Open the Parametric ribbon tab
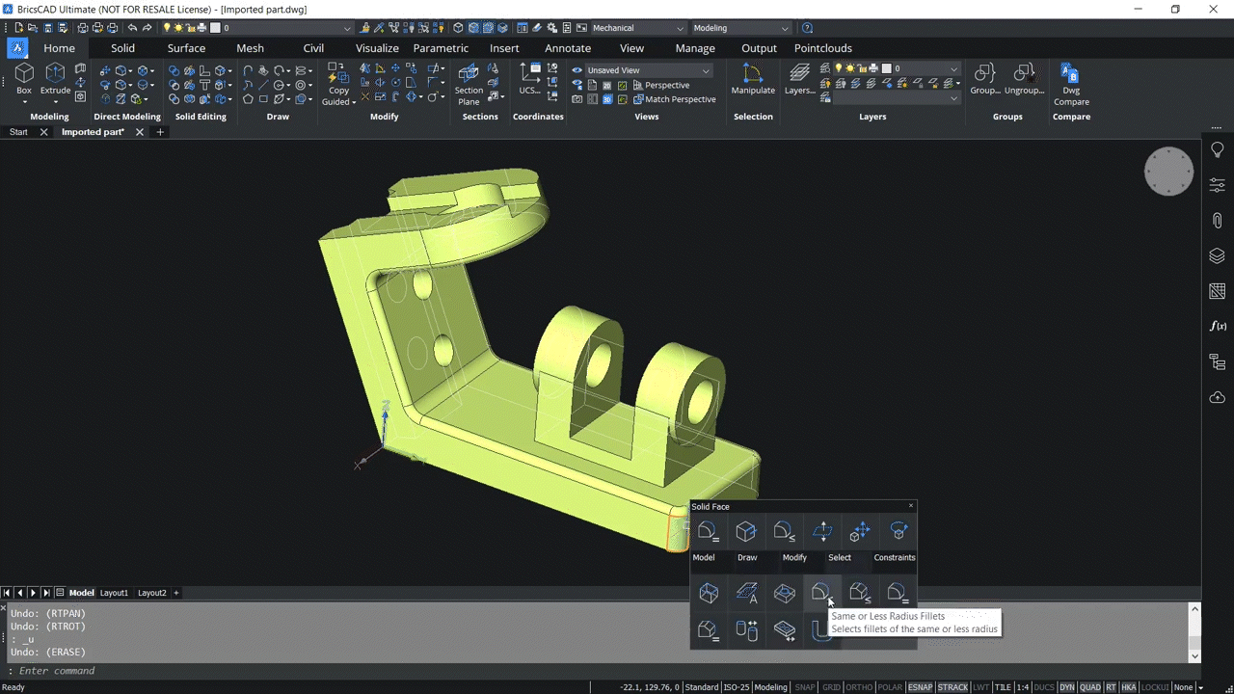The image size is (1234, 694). (x=441, y=48)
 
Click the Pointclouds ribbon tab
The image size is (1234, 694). (x=822, y=48)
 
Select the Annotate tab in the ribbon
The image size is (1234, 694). (x=568, y=48)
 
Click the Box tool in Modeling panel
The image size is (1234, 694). (x=24, y=78)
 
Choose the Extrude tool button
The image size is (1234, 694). (x=55, y=78)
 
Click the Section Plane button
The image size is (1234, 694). (x=469, y=83)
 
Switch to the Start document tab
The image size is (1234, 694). (x=18, y=132)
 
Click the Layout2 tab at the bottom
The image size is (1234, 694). (x=151, y=593)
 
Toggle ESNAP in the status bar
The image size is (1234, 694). (x=921, y=687)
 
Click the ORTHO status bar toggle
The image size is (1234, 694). (x=859, y=687)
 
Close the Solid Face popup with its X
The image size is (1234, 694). (x=910, y=506)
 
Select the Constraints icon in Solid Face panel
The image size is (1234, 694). (x=898, y=532)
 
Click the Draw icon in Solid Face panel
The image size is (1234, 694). (x=745, y=532)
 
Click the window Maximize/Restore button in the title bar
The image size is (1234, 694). (x=1175, y=9)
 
